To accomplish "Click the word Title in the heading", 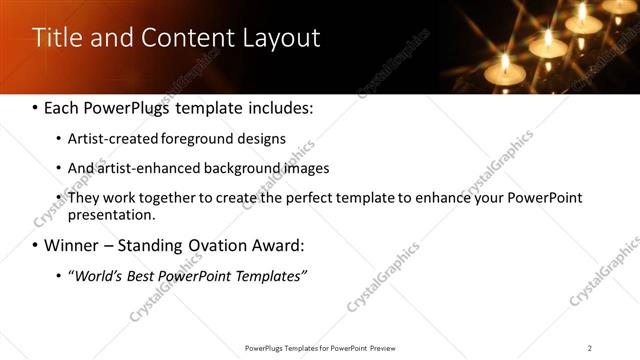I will tap(56, 38).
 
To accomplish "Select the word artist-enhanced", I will tap(142, 168).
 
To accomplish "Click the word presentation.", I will tap(111, 214).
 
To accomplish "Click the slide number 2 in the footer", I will tap(590, 348).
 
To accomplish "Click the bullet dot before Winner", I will tap(35, 245).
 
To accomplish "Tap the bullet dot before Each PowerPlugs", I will tap(35, 107).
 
